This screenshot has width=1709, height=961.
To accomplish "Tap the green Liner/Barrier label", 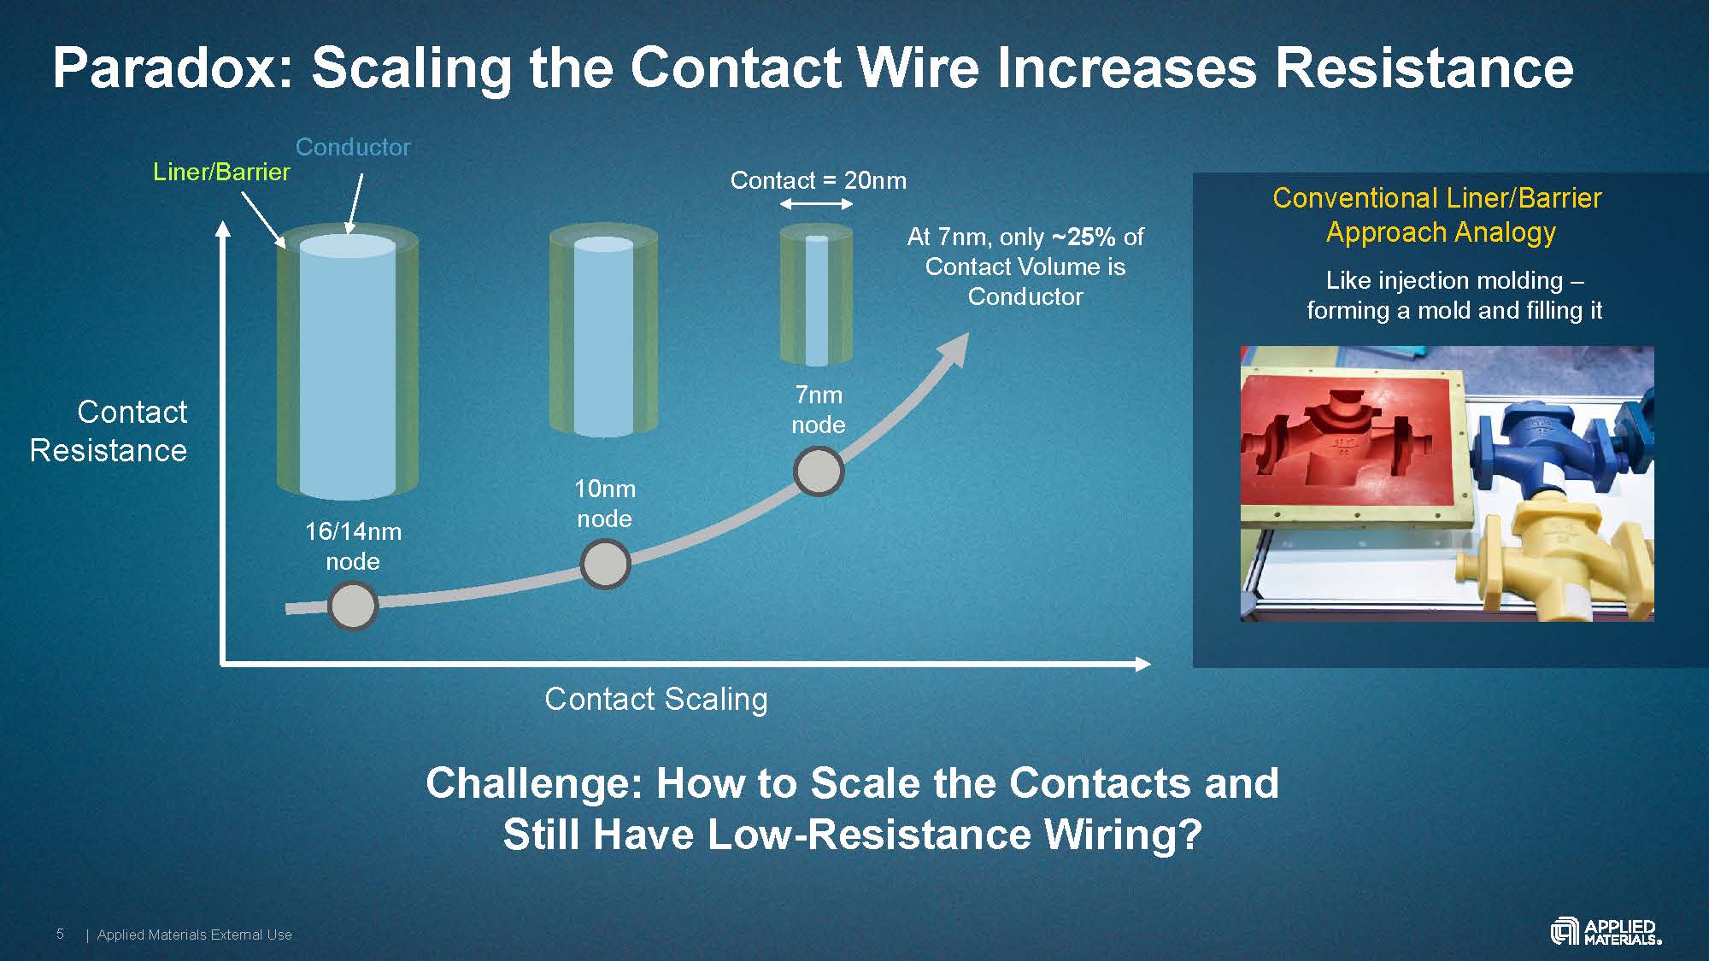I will point(221,172).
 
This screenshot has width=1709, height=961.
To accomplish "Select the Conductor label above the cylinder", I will point(353,147).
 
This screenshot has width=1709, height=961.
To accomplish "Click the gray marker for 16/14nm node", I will point(353,606).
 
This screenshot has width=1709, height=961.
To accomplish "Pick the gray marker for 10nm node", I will point(605,564).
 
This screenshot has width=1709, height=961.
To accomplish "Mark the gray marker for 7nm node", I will point(819,472).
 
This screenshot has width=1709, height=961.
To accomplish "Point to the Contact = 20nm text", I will point(818,180).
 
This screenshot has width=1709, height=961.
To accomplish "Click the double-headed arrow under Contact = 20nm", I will point(816,203).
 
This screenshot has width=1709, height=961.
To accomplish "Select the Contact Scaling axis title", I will point(655,699).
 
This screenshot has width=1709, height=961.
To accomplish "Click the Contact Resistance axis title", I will point(109,431).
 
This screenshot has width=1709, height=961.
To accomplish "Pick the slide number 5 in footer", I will point(60,934).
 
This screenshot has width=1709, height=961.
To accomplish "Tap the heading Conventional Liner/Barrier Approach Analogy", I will point(1438,214).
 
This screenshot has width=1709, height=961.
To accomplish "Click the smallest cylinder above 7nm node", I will point(816,295).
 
